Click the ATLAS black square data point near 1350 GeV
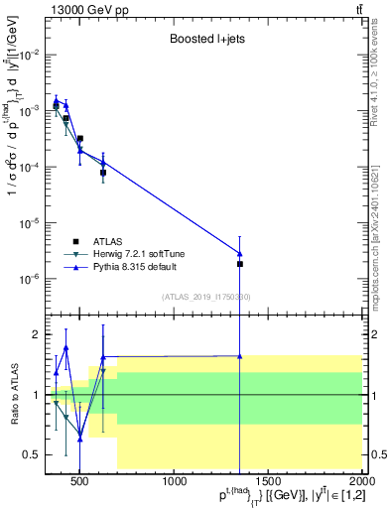[240, 264]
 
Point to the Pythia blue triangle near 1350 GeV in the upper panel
[240, 253]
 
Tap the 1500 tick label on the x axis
[270, 482]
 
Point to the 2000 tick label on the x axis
[361, 482]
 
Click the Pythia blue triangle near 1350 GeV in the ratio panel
[240, 355]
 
